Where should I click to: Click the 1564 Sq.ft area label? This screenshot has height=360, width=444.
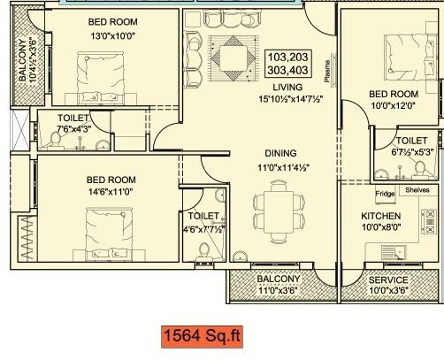point(200,337)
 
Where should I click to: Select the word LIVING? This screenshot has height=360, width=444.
point(287,88)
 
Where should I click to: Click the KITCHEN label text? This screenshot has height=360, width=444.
point(381,241)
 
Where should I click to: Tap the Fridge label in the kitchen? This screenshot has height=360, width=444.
point(385,218)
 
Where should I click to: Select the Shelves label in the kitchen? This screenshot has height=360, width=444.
point(416,214)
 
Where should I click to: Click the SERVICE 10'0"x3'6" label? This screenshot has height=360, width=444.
point(387,285)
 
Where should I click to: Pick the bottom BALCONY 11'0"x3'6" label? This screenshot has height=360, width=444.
point(279,285)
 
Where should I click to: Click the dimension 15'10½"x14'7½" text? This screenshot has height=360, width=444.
point(287,98)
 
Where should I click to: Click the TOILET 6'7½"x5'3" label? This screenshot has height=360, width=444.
point(411,146)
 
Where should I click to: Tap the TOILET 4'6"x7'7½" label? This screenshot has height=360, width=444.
point(203,222)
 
